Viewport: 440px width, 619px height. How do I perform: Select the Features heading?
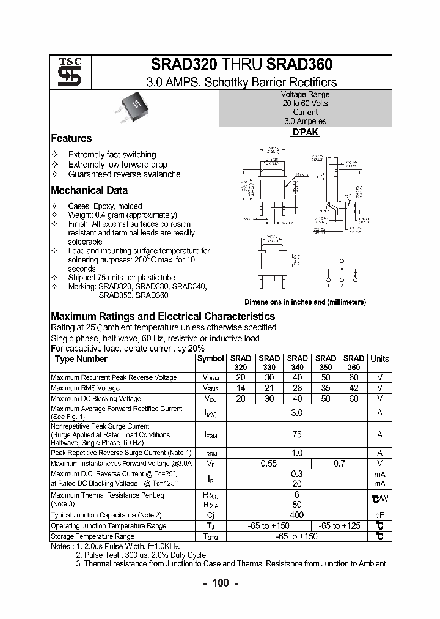tap(71, 139)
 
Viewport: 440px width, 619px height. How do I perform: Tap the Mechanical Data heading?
tap(89, 190)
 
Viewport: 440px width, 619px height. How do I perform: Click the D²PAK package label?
tap(306, 132)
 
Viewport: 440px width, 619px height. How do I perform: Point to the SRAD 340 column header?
tap(297, 363)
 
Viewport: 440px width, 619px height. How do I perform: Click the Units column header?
tap(380, 360)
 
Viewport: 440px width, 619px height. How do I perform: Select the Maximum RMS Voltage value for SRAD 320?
tap(241, 388)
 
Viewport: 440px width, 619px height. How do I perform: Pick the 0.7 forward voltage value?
tap(339, 464)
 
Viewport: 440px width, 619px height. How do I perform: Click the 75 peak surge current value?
tap(297, 435)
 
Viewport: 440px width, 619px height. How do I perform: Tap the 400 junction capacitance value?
tap(297, 515)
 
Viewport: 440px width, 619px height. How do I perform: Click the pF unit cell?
tap(380, 515)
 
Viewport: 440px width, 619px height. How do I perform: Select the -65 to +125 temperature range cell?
tap(339, 526)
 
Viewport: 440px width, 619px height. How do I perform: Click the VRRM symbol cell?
tap(211, 378)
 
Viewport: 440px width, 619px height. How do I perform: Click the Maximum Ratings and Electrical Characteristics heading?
tap(163, 317)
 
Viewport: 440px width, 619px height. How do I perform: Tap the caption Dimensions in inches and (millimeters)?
tap(305, 302)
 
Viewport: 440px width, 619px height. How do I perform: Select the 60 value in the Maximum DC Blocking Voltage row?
tap(353, 399)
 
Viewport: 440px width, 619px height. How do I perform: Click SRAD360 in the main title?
tap(300, 65)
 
